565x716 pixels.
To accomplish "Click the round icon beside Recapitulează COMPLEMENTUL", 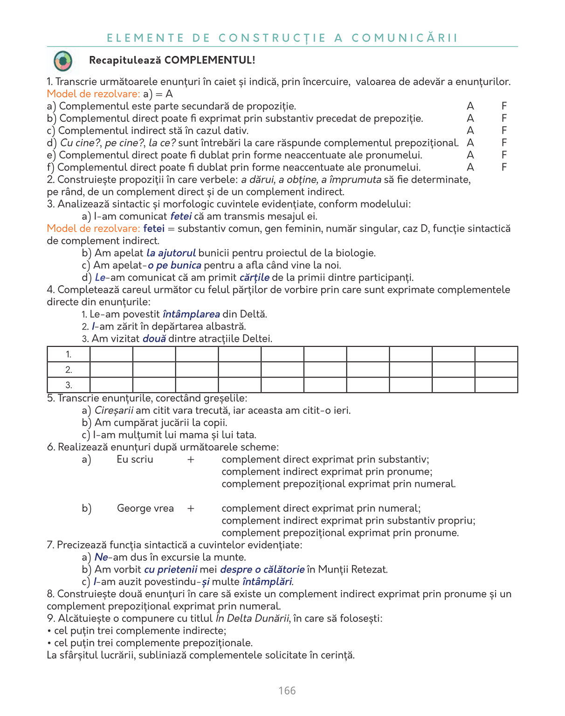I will click(x=63, y=61).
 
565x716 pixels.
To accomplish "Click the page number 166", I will click(x=287, y=691).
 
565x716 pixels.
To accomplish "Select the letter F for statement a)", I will click(x=504, y=106).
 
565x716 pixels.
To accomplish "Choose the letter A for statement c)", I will click(x=470, y=131).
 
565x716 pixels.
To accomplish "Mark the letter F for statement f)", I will click(x=504, y=167).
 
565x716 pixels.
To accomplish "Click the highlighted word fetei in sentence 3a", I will click(x=181, y=216).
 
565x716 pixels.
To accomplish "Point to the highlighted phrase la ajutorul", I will click(x=171, y=253).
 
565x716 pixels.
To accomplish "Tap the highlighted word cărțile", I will click(x=254, y=277).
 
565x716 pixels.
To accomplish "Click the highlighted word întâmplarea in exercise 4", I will click(x=191, y=314).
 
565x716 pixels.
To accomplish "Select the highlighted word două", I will click(x=154, y=339).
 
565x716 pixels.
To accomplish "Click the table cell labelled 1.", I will click(x=69, y=354).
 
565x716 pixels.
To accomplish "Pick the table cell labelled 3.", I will click(x=69, y=385).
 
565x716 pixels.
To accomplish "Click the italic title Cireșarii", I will click(x=114, y=411).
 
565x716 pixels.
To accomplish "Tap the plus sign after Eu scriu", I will click(x=191, y=460).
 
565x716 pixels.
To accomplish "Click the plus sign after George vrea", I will click(x=191, y=509).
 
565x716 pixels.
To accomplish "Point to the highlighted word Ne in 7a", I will click(x=101, y=558).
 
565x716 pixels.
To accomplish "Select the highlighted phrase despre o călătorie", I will click(x=262, y=570).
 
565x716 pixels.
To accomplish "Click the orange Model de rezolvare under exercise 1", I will click(x=93, y=94).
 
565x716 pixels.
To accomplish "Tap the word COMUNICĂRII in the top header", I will click(x=405, y=38).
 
